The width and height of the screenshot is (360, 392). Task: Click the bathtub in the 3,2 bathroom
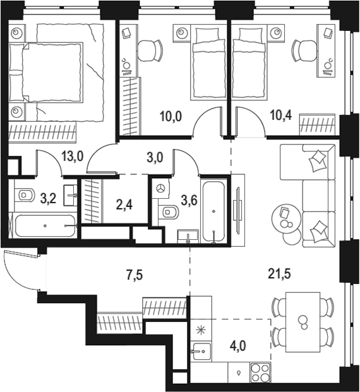click(45, 225)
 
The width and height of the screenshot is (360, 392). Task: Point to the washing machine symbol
click(161, 188)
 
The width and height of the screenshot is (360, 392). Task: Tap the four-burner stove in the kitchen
click(261, 372)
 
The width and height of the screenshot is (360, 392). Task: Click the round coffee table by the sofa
click(284, 218)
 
